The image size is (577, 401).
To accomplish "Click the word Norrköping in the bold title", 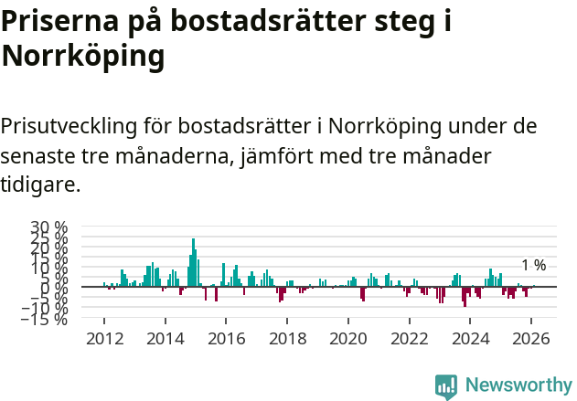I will pyautogui.click(x=83, y=57).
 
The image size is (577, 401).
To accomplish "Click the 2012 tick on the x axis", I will pyautogui.click(x=104, y=338).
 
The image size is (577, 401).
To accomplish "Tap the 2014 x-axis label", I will pyautogui.click(x=166, y=338).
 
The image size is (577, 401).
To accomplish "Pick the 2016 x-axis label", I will pyautogui.click(x=226, y=338).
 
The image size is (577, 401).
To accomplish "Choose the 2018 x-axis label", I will pyautogui.click(x=287, y=338).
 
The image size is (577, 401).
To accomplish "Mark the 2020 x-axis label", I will pyautogui.click(x=348, y=338).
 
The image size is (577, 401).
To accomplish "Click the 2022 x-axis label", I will pyautogui.click(x=410, y=338).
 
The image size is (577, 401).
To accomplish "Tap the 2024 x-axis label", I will pyautogui.click(x=471, y=338).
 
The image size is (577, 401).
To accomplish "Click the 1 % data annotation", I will pyautogui.click(x=533, y=266).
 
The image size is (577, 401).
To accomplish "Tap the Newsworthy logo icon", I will pyautogui.click(x=446, y=385).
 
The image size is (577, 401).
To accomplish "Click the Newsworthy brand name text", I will pyautogui.click(x=518, y=385).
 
